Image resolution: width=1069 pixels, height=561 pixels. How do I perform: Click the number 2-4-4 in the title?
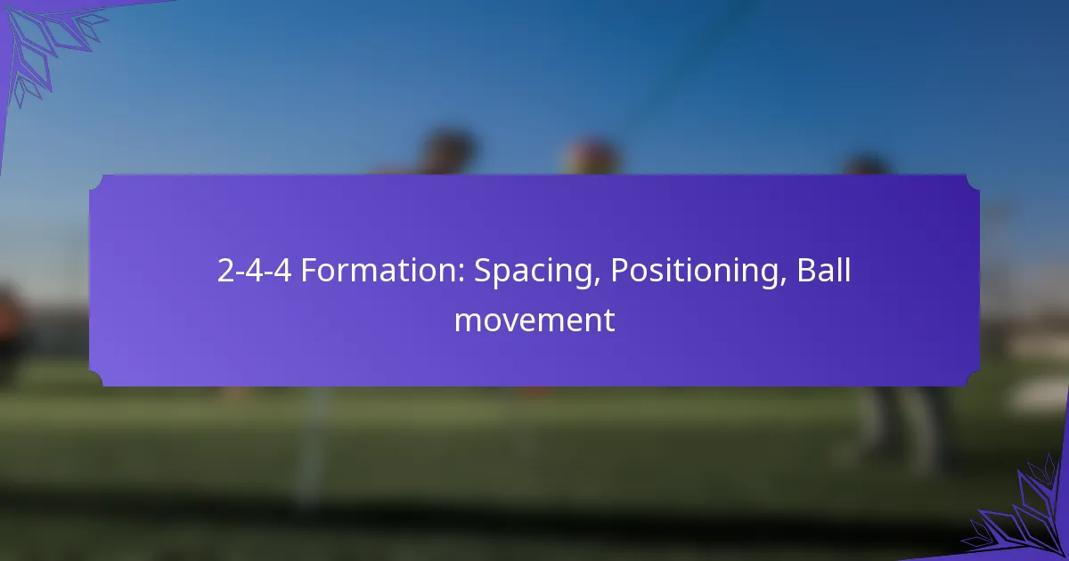tap(254, 270)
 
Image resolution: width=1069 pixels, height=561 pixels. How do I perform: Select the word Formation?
tap(383, 270)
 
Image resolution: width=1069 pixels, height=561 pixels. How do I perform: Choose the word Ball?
tap(824, 270)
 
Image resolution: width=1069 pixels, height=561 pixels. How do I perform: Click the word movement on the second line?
tap(534, 321)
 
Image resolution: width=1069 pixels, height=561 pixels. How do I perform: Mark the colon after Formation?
tap(461, 274)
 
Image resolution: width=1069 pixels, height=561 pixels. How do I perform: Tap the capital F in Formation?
tap(309, 270)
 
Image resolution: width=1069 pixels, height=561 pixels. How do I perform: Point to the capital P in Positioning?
tap(620, 270)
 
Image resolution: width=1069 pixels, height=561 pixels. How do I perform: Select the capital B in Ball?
tap(806, 270)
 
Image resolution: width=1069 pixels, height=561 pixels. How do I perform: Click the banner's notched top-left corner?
tap(95, 183)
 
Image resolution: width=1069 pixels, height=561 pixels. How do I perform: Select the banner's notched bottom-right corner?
tap(974, 379)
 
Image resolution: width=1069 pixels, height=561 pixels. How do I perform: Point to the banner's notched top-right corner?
tap(974, 183)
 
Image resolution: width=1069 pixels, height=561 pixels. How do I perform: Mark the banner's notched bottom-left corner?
tap(95, 379)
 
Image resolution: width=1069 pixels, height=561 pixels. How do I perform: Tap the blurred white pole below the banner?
tap(313, 443)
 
